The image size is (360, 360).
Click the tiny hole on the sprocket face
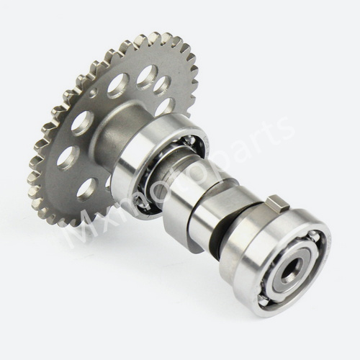[x=95, y=91]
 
